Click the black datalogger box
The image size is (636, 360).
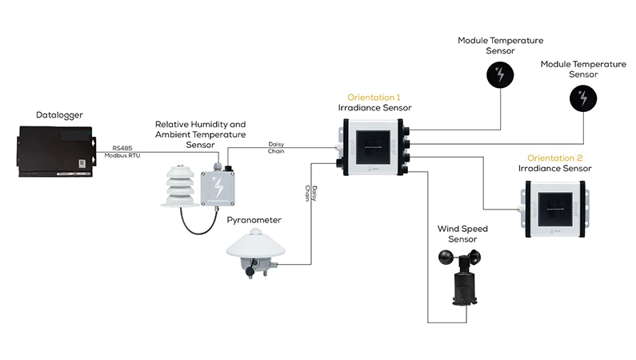pos(57,151)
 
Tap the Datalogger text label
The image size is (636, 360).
pos(59,115)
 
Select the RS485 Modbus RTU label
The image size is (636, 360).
pos(122,152)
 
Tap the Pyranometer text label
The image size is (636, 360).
pos(254,220)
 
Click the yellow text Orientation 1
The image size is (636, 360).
pos(374,98)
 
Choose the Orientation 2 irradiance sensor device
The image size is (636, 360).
pos(555,208)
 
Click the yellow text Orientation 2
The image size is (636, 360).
pos(554,158)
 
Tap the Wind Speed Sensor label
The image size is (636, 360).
pos(462,234)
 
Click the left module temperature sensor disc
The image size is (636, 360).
pos(500,75)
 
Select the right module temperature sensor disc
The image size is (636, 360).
pos(583,98)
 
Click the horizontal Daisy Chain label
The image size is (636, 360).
pos(276,147)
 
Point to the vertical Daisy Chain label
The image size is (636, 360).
pos(311,194)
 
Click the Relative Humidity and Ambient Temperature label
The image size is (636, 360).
pos(200,134)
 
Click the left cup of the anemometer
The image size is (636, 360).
pos(447,258)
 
